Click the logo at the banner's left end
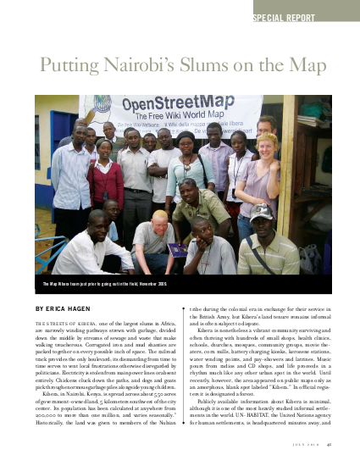(x=105, y=113)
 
